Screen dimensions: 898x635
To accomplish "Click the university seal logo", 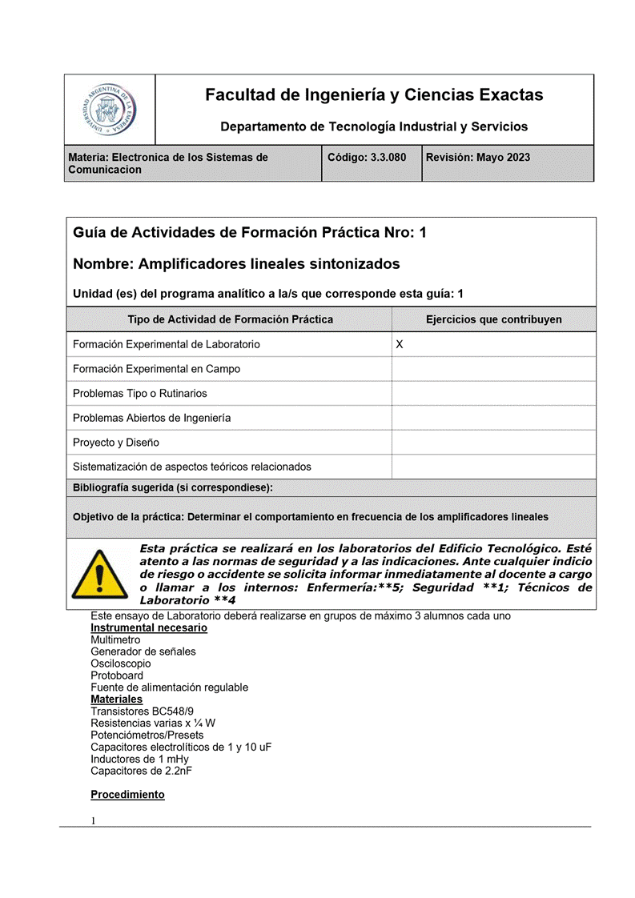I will pos(110,110).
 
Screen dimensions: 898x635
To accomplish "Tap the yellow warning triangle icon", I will pos(99,574).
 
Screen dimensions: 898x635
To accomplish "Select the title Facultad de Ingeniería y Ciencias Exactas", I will pos(374,95).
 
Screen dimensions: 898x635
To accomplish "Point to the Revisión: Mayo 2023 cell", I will pos(477,158).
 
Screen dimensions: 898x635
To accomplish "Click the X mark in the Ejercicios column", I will pos(400,344).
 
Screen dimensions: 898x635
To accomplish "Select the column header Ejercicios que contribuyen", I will pos(493,319).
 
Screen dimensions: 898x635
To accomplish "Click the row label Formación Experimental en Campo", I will pos(156,369).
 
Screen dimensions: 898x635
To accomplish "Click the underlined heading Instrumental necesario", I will pos(149,627).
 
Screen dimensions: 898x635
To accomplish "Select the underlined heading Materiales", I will pos(117,699).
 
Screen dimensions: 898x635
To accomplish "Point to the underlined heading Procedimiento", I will pos(127,795).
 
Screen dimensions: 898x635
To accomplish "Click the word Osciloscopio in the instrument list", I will pos(120,663).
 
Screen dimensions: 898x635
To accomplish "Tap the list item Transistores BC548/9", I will pos(142,711).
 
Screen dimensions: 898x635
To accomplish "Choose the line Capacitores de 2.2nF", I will pos(141,771).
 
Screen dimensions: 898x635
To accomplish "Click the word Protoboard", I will pos(117,676).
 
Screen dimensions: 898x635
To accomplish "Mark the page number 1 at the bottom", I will pos(94,820).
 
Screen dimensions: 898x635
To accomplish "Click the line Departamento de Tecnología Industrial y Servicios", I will pos(374,126).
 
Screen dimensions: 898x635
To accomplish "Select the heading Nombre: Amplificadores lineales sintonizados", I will pos(236,263).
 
